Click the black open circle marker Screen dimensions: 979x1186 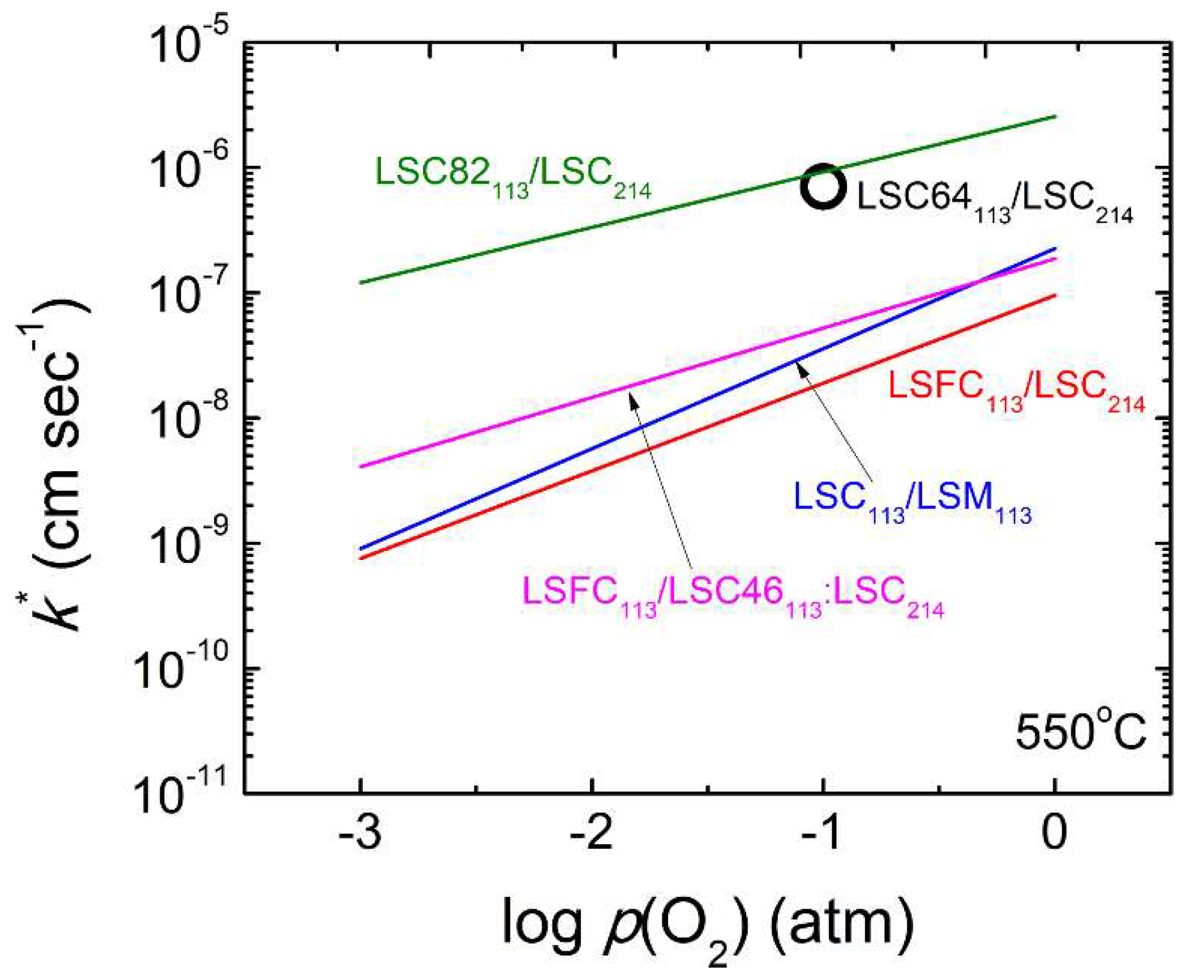(x=823, y=186)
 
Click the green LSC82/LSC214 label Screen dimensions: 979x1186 (x=513, y=177)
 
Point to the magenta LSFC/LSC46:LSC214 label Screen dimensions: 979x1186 (x=733, y=596)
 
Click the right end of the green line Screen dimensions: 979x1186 (x=1055, y=116)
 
